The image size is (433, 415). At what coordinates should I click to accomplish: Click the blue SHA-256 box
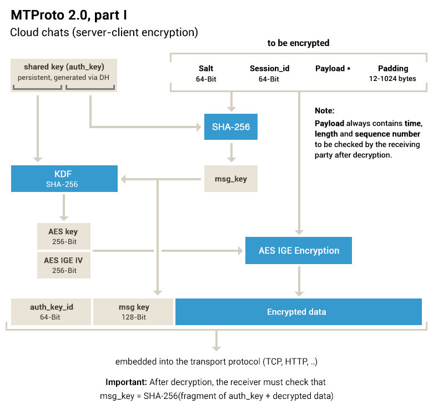coord(231,127)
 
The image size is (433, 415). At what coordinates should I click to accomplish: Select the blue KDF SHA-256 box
coord(64,179)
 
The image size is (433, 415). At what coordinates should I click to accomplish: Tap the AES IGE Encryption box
coord(299,250)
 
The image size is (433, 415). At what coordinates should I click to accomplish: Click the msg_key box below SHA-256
coord(231,179)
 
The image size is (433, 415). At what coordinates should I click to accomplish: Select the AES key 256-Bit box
coord(64,236)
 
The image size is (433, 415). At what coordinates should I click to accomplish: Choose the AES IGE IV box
coord(64,265)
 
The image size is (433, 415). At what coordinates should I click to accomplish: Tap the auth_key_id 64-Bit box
coord(51,311)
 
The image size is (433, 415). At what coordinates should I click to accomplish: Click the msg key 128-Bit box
coord(133,311)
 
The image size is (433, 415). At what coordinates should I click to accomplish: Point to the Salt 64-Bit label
coord(206,73)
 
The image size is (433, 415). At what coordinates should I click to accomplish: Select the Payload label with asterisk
coord(333,69)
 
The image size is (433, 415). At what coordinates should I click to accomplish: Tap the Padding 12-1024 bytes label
coord(393,73)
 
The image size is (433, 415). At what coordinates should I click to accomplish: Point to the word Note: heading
coord(325,111)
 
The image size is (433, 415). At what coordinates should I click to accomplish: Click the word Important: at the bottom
coord(126,382)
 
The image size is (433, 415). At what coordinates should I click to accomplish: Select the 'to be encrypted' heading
coord(298,43)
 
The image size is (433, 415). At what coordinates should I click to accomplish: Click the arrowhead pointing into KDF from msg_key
coord(125,179)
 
